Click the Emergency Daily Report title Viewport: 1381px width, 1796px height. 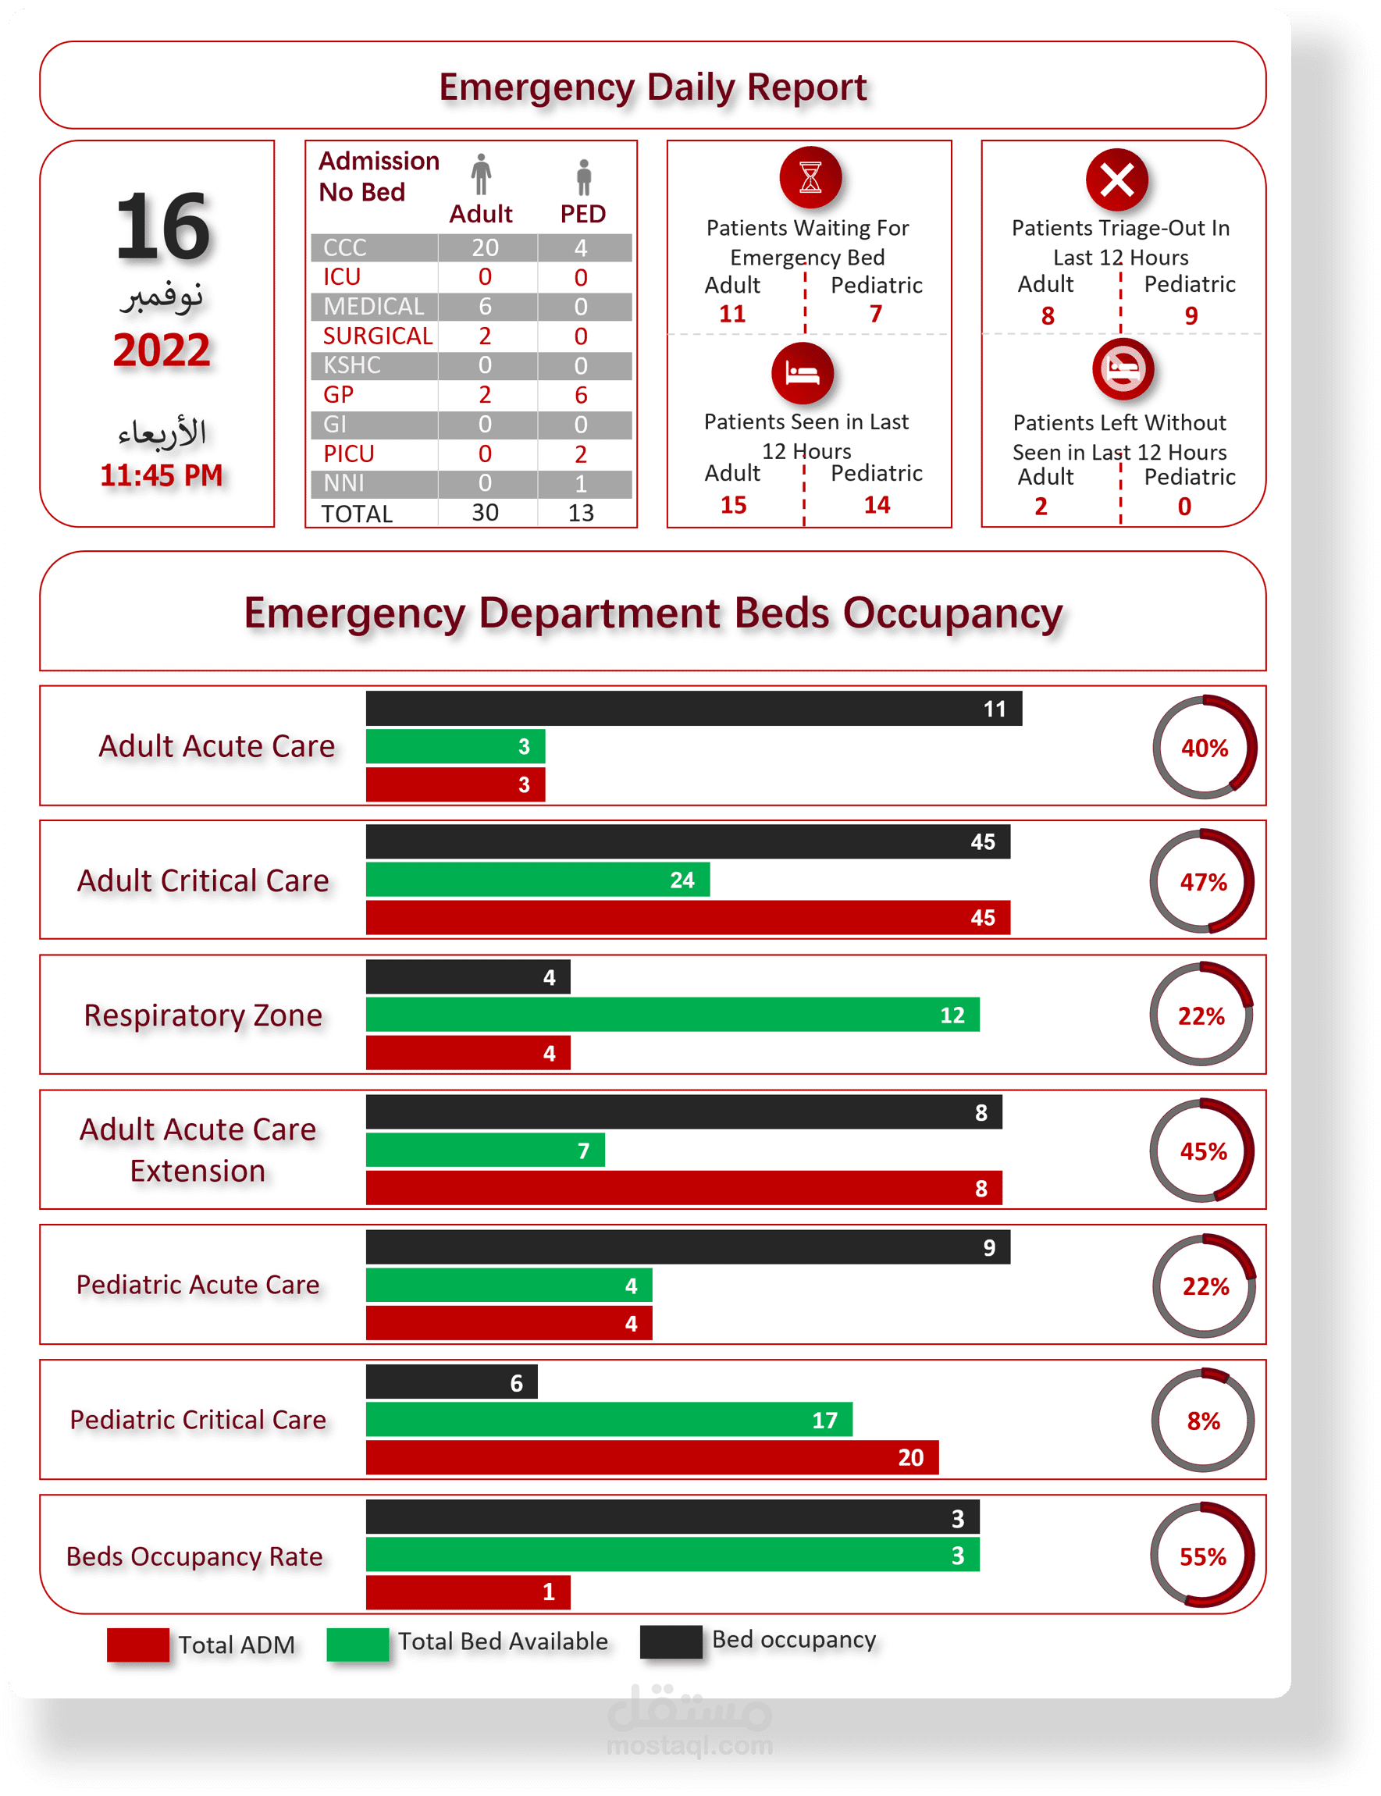[x=653, y=87]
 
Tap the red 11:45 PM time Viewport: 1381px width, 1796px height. [x=161, y=475]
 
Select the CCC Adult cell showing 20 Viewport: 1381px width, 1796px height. [x=485, y=247]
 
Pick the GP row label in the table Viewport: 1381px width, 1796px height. [x=339, y=394]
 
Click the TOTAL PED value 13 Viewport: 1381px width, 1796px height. [x=580, y=513]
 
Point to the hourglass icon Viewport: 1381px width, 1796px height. [x=810, y=177]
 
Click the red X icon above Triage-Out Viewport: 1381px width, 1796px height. [x=1116, y=180]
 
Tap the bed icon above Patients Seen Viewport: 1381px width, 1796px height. [x=803, y=374]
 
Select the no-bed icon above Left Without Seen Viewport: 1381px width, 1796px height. [x=1123, y=368]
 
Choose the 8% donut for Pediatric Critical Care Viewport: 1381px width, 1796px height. [x=1203, y=1421]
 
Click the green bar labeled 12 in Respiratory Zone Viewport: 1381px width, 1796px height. [x=672, y=1015]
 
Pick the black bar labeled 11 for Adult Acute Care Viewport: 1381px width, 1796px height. [x=694, y=709]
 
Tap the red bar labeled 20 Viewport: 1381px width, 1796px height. [x=652, y=1457]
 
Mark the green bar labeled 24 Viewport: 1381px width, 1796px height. [x=538, y=880]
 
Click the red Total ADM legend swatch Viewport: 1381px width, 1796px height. [x=138, y=1645]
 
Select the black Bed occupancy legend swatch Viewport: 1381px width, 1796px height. [x=671, y=1641]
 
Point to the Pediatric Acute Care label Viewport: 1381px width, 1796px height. [x=198, y=1284]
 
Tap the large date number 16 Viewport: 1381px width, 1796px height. [x=162, y=226]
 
